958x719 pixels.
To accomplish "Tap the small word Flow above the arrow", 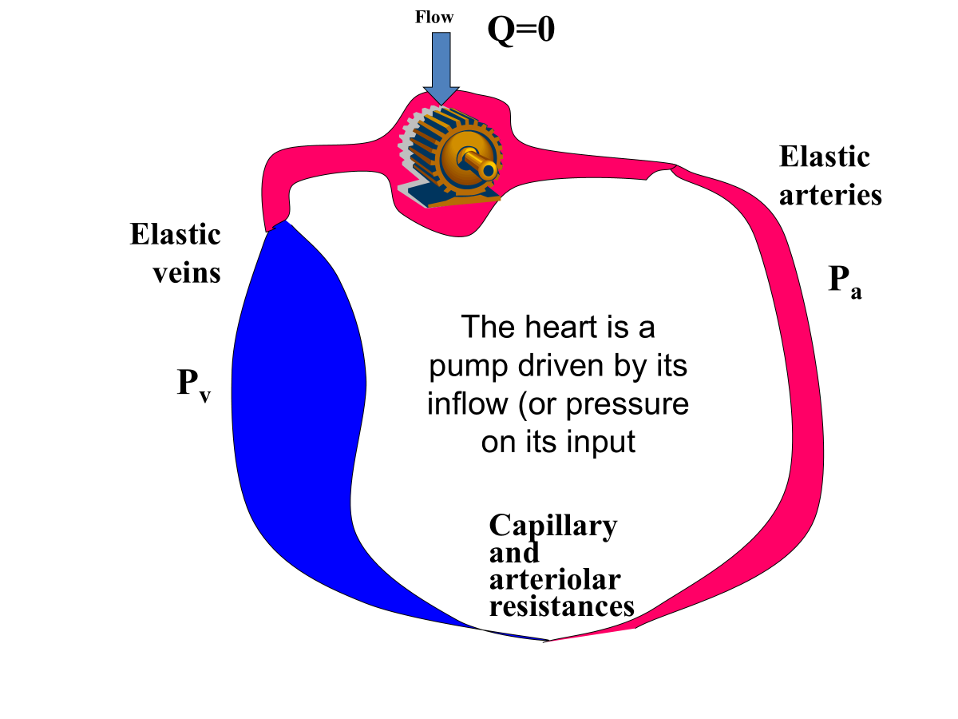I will coord(434,16).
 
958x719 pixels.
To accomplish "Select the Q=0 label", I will coord(521,30).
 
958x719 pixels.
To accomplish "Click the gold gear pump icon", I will coord(451,156).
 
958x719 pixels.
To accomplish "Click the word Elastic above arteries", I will coord(824,157).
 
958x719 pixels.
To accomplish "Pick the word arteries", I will coord(830,195).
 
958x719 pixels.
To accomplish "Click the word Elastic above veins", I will coord(175,235).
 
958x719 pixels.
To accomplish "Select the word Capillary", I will coord(552,526).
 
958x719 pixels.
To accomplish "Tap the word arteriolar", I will coord(555,579).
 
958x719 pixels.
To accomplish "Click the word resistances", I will coord(561,606).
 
